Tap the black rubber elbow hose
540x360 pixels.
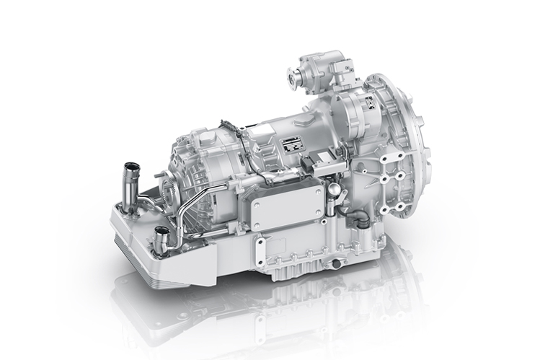click(x=355, y=217)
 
